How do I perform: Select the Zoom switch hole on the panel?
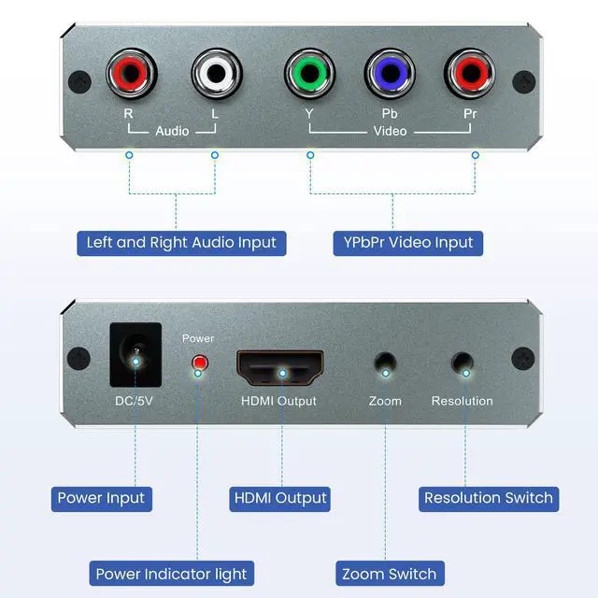coord(383,363)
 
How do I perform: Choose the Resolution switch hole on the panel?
coord(462,363)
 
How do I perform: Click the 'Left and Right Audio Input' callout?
coord(181,243)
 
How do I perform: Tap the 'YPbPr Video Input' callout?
coord(403,243)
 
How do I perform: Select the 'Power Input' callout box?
coord(101,498)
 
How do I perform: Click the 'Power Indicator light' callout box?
coord(171,574)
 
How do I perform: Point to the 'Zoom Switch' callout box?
coord(390,574)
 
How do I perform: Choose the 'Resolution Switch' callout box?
coord(489,498)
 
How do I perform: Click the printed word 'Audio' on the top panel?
coord(172,131)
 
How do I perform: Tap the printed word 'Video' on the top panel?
coord(390,131)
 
